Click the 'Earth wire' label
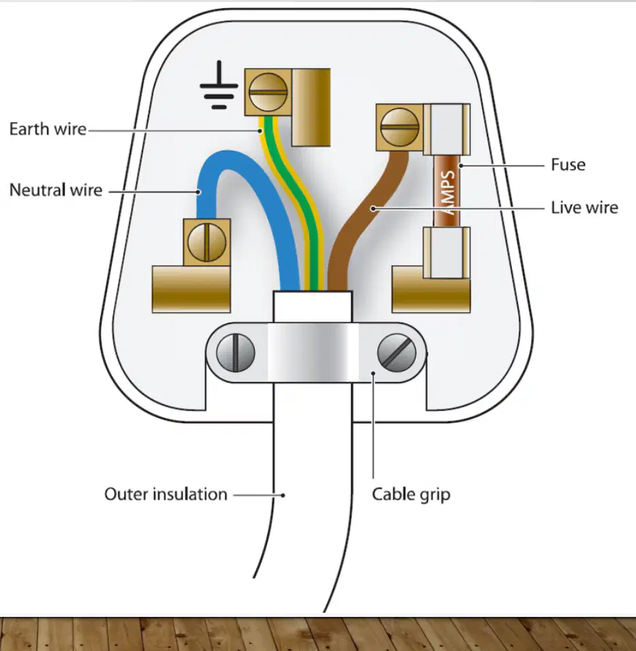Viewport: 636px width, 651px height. (x=48, y=129)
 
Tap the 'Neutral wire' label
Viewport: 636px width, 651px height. (x=56, y=190)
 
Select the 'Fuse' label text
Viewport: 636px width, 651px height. (x=568, y=165)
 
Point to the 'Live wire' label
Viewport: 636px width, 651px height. (x=584, y=208)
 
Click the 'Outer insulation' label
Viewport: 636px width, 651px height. (x=166, y=494)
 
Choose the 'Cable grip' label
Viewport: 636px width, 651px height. (x=411, y=495)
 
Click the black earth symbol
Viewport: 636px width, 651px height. (x=219, y=85)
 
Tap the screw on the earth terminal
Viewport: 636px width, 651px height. (x=268, y=92)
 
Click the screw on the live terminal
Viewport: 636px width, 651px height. (x=399, y=127)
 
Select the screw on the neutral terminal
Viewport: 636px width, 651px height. (x=207, y=242)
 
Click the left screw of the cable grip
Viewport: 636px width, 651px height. (x=235, y=353)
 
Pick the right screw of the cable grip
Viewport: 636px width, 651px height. (x=397, y=353)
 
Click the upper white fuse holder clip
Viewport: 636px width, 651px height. (x=446, y=130)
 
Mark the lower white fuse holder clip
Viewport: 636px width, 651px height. (x=446, y=252)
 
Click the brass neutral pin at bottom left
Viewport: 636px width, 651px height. (x=192, y=289)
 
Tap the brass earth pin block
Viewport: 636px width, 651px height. (x=311, y=108)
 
